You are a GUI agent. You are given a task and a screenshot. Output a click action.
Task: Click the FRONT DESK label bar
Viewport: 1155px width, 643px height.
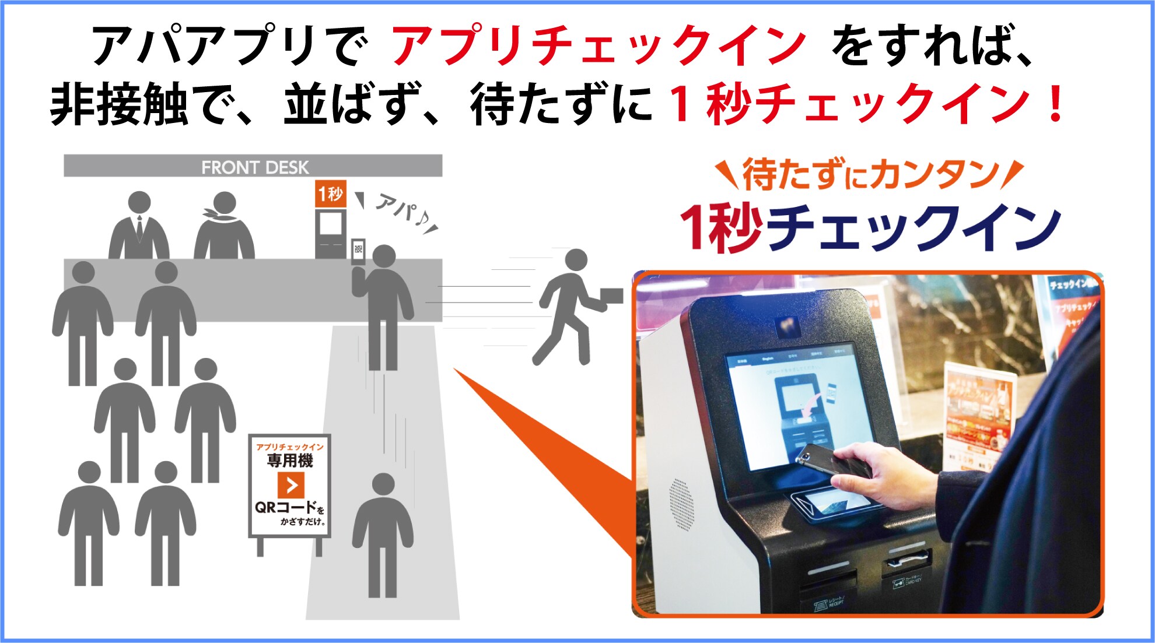click(x=253, y=166)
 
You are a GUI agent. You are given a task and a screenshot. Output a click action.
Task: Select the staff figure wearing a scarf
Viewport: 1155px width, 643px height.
click(x=224, y=227)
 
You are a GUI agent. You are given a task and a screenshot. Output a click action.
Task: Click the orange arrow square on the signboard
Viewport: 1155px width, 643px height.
click(x=290, y=485)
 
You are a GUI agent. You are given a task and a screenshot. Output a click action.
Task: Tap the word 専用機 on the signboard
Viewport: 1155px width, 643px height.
click(x=290, y=461)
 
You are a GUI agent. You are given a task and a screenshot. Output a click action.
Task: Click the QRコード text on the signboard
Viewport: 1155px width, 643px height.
click(x=285, y=507)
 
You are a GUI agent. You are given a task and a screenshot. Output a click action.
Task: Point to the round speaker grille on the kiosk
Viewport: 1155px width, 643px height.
click(x=681, y=504)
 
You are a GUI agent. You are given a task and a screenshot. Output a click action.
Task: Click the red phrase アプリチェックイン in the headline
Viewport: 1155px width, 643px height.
click(x=598, y=45)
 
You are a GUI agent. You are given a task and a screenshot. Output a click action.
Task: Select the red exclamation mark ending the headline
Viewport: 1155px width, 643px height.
click(x=1055, y=104)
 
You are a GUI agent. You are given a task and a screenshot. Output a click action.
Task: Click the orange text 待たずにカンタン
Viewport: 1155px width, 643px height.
click(x=869, y=174)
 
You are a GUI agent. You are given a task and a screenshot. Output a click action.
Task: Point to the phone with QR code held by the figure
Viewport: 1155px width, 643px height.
click(x=358, y=251)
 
